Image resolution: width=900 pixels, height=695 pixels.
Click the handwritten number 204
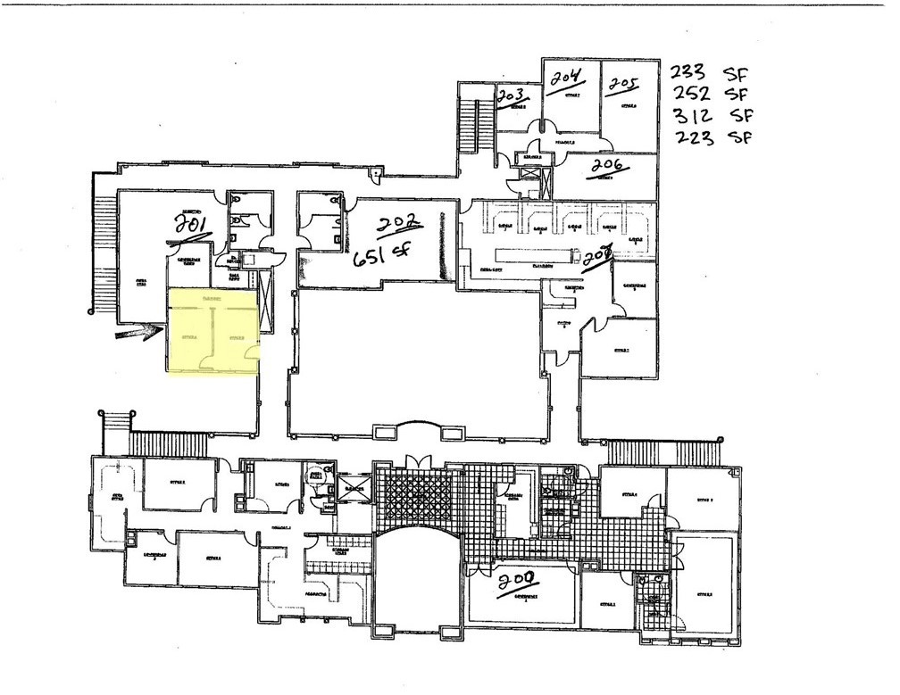pyautogui.click(x=566, y=79)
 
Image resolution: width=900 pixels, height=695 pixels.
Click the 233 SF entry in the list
pyautogui.click(x=711, y=73)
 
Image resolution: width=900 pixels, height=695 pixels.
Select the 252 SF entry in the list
pyautogui.click(x=711, y=94)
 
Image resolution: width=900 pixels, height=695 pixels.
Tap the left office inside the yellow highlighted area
pyautogui.click(x=190, y=337)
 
